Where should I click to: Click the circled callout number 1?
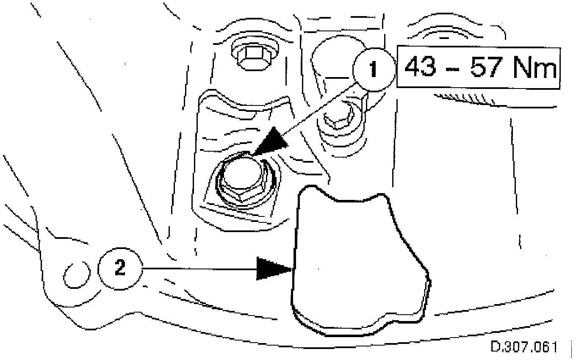tap(373, 69)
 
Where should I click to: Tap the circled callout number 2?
tap(120, 269)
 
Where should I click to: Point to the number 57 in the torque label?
tap(490, 67)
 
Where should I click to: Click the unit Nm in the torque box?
tap(535, 67)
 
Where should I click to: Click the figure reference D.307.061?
tap(523, 347)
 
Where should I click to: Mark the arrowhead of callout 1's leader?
tap(271, 141)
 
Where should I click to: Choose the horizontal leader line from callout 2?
tap(199, 269)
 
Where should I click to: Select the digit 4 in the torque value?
tap(411, 67)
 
